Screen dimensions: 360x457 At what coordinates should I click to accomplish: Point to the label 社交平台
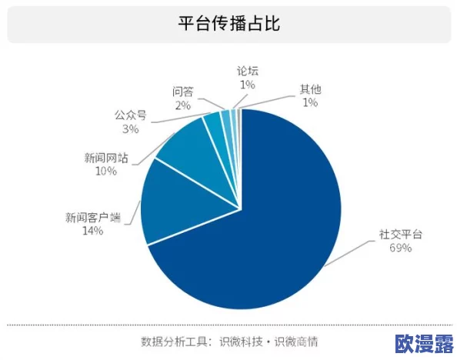401,234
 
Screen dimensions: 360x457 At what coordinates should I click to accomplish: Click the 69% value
401,248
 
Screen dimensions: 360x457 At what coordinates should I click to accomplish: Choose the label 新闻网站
106,158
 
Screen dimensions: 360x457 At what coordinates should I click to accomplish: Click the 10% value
106,172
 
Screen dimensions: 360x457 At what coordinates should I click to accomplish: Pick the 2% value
183,105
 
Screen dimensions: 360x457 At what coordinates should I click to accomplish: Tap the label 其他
311,89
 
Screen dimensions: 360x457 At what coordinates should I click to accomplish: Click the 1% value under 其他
311,102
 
